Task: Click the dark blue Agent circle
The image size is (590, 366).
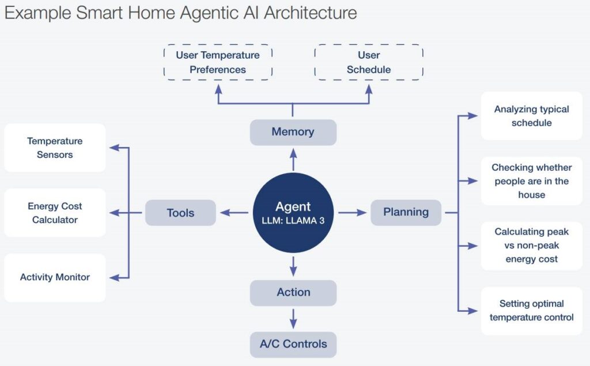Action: point(293,213)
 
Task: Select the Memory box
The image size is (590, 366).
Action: point(293,132)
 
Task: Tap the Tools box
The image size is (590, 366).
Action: point(180,213)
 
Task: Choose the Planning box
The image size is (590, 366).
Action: point(406,212)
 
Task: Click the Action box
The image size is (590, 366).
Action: point(293,293)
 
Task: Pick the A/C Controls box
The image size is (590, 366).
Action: point(293,344)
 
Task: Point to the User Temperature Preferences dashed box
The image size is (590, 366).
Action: point(218,62)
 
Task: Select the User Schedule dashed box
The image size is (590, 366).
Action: point(369,62)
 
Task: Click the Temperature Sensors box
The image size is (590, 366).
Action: point(55,148)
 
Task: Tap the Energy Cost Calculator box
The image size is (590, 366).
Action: point(55,213)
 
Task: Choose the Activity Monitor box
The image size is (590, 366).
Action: point(55,277)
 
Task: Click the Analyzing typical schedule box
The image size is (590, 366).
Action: point(531,116)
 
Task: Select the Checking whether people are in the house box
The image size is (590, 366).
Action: point(531,181)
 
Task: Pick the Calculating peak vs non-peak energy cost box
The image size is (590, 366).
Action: point(531,246)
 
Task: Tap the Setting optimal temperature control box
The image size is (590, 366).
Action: point(531,311)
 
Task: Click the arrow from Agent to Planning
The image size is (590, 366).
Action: point(352,213)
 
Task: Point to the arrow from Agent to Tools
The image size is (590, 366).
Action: point(235,213)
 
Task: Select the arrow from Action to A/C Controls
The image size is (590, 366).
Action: point(293,318)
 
